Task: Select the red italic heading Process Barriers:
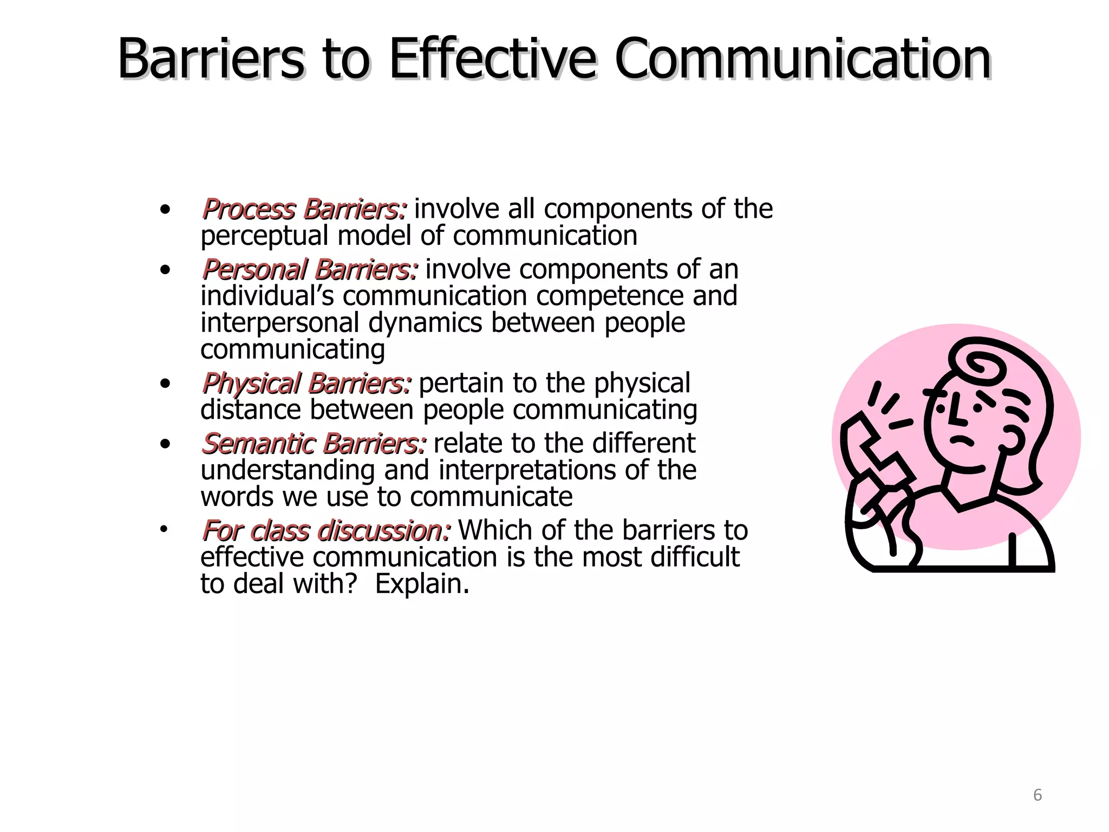pyautogui.click(x=304, y=210)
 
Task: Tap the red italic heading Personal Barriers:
pyautogui.click(x=309, y=270)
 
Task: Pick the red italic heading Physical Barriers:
pyautogui.click(x=306, y=384)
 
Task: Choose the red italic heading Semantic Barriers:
pyautogui.click(x=314, y=444)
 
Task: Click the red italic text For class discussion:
pyautogui.click(x=325, y=531)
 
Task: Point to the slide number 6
pyautogui.click(x=1037, y=795)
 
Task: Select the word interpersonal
pyautogui.click(x=279, y=323)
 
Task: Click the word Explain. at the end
pyautogui.click(x=422, y=584)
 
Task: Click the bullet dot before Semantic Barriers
pyautogui.click(x=165, y=445)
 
